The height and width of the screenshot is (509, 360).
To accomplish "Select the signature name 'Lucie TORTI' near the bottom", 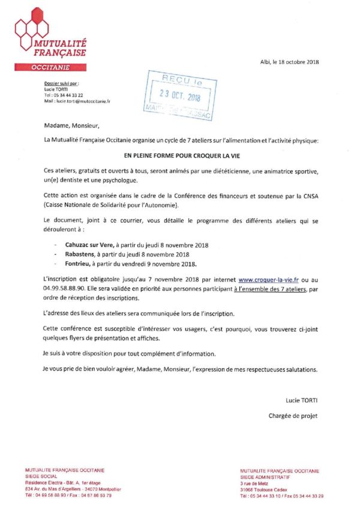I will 302,400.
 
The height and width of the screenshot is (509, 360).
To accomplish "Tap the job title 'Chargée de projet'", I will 293,415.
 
